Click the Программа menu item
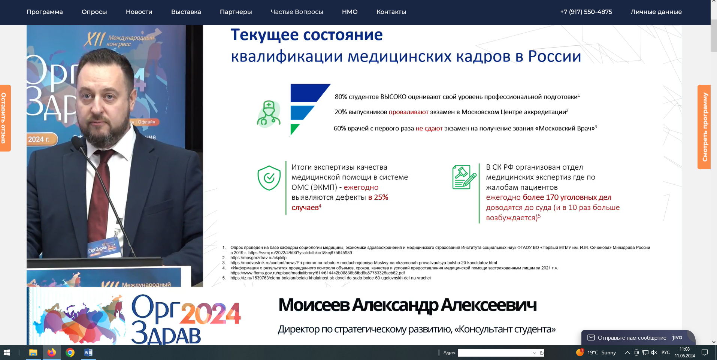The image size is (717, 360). click(45, 12)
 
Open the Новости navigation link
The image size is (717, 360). click(139, 12)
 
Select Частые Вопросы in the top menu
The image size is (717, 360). click(297, 12)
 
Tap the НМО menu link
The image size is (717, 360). click(350, 12)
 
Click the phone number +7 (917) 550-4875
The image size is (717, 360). click(586, 12)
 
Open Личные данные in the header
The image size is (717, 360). click(656, 12)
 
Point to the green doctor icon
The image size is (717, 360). click(269, 114)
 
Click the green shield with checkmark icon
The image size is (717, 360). click(269, 178)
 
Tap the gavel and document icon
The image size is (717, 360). click(464, 177)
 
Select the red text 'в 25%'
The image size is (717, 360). click(378, 197)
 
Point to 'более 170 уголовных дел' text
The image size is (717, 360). click(567, 197)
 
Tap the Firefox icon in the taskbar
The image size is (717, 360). click(52, 353)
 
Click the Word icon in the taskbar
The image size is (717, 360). click(88, 353)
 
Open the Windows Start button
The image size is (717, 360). click(6, 353)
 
